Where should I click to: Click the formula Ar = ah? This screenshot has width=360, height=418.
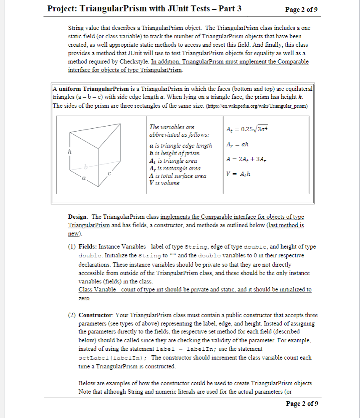coord(237,144)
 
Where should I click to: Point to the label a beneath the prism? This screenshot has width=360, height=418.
coord(84,178)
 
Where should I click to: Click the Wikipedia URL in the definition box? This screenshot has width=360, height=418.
coord(267,106)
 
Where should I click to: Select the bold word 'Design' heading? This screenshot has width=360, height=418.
coord(78,217)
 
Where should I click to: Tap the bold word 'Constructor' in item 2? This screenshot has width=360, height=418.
coord(95,315)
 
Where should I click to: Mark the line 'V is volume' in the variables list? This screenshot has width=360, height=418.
coord(164,183)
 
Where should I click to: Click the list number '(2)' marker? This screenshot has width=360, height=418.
coord(72,315)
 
